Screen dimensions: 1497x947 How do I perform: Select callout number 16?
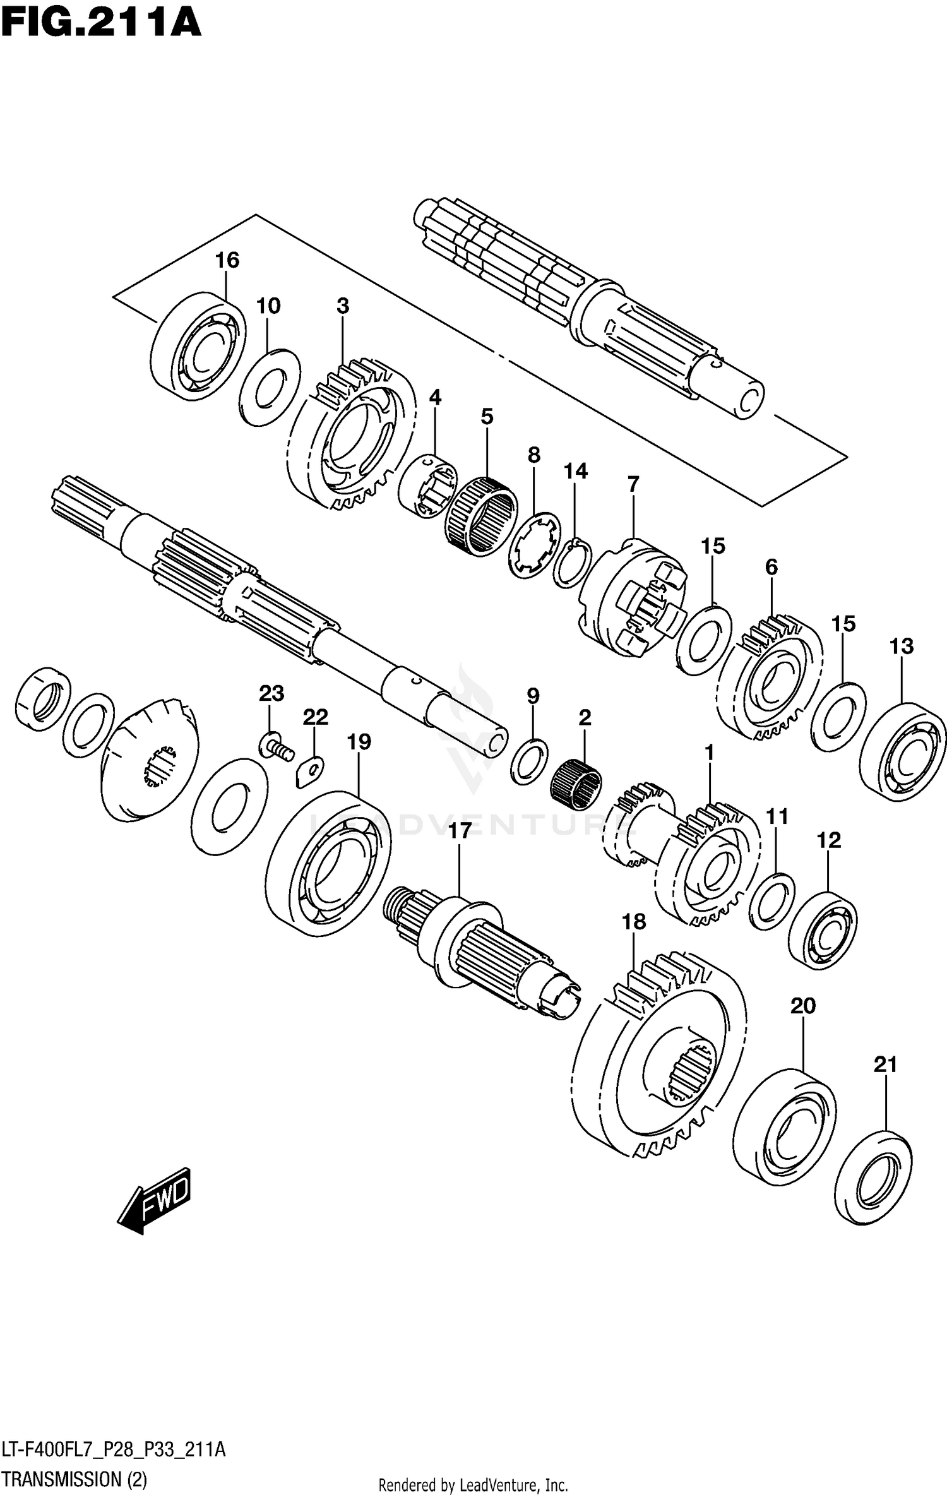click(x=227, y=260)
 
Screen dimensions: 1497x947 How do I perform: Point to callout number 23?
click(x=271, y=693)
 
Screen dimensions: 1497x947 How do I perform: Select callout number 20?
click(x=803, y=1006)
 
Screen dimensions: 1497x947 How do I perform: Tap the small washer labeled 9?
click(x=529, y=760)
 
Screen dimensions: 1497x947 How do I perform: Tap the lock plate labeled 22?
click(x=309, y=771)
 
